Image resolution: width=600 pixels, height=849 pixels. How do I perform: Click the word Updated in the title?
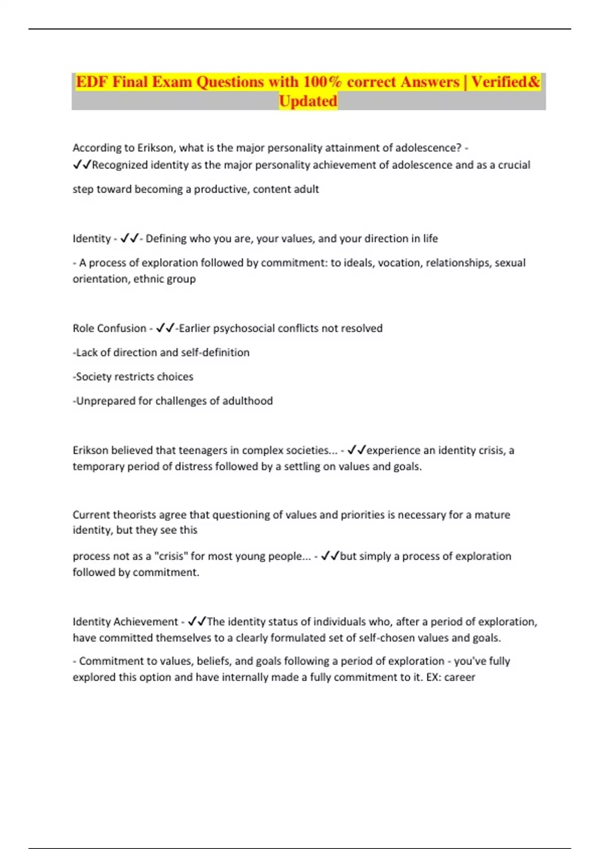click(x=308, y=101)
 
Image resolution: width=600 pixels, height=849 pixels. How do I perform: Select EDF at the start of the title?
click(x=92, y=81)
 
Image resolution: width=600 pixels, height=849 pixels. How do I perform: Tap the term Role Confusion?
click(x=109, y=328)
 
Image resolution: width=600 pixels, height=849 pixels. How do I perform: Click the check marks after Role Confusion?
click(x=165, y=328)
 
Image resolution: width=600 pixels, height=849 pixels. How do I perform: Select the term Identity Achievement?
click(x=125, y=622)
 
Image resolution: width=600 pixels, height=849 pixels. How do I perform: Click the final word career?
click(x=459, y=677)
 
